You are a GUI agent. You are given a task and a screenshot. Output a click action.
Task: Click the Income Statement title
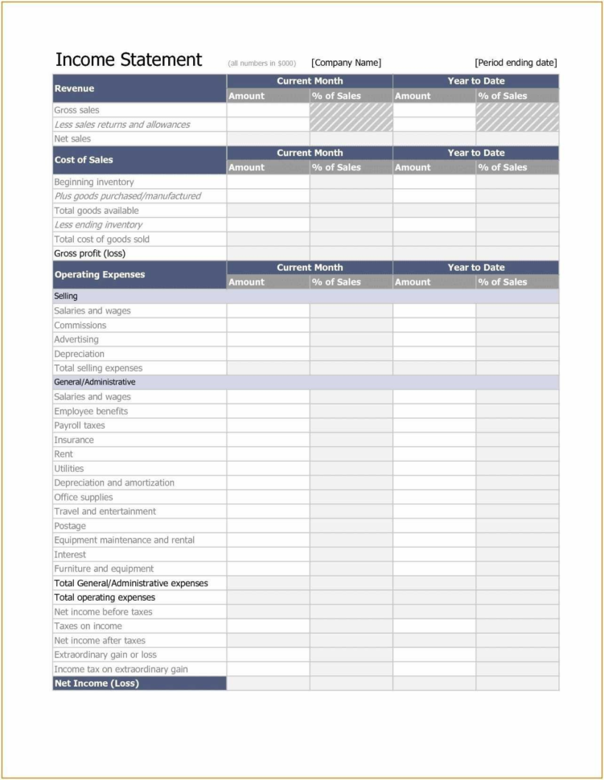tap(129, 60)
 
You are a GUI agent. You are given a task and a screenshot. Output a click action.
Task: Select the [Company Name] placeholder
tap(346, 63)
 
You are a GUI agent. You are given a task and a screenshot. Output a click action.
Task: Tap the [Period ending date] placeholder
tap(516, 63)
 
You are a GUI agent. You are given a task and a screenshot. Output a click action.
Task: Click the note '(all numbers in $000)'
tap(261, 64)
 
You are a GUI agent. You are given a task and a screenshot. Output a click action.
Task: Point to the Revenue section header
tap(74, 88)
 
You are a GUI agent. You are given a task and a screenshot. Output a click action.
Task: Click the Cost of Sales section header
tap(84, 160)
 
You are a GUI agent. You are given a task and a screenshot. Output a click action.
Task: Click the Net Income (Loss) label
tap(97, 684)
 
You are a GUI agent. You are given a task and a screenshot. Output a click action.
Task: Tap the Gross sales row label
tap(76, 110)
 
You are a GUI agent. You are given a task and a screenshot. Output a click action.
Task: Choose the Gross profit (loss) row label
tap(89, 253)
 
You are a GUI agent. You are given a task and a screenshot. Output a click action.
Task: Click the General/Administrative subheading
tap(94, 382)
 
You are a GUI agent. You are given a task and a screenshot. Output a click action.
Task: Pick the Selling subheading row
tap(66, 296)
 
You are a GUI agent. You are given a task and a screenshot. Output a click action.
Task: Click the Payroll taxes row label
tap(79, 425)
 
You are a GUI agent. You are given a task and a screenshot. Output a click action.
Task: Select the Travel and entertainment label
tap(105, 511)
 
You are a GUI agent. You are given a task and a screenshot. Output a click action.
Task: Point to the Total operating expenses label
tap(105, 597)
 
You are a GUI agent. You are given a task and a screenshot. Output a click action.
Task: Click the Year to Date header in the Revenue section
tap(476, 81)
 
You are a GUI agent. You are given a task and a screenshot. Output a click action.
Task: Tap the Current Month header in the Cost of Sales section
tap(310, 153)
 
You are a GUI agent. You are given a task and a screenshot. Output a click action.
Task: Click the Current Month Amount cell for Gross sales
tap(268, 110)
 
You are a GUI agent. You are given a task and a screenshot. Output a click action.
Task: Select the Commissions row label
tap(80, 325)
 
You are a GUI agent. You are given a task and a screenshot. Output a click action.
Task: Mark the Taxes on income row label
tap(88, 626)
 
